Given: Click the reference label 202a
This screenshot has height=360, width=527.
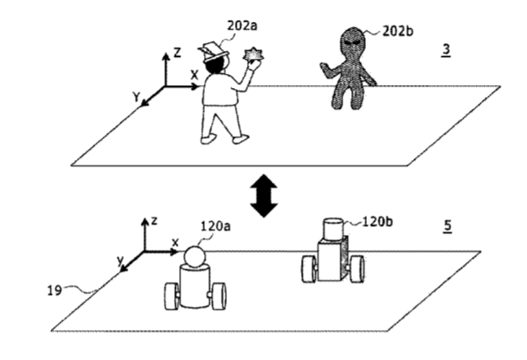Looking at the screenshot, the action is click(242, 26).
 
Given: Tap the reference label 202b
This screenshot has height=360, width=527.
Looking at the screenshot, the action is click(398, 32).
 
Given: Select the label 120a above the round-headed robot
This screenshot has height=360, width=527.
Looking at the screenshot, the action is click(216, 226).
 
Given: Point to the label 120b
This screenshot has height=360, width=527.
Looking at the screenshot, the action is click(377, 222).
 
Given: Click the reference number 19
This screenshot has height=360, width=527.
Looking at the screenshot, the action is click(55, 290).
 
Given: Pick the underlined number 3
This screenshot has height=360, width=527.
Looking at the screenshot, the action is click(446, 50).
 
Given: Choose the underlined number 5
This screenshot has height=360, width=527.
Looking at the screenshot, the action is click(447, 226).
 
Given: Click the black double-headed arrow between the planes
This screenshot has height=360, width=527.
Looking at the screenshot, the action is click(264, 195).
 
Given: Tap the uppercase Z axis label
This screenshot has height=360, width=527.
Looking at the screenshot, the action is click(177, 53).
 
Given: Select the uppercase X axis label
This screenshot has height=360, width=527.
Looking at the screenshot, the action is click(194, 75).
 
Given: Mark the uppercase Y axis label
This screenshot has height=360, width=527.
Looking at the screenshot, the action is click(136, 97).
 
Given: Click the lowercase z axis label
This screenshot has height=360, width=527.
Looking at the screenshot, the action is click(154, 221).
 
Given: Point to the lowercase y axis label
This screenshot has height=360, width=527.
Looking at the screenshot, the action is click(121, 261).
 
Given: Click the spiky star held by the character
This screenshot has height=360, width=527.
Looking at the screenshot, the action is click(253, 55).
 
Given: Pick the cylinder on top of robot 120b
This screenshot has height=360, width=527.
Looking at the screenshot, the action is click(333, 229).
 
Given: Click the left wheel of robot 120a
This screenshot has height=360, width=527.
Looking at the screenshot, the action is click(172, 297).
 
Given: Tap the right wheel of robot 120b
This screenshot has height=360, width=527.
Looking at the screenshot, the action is click(356, 269).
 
